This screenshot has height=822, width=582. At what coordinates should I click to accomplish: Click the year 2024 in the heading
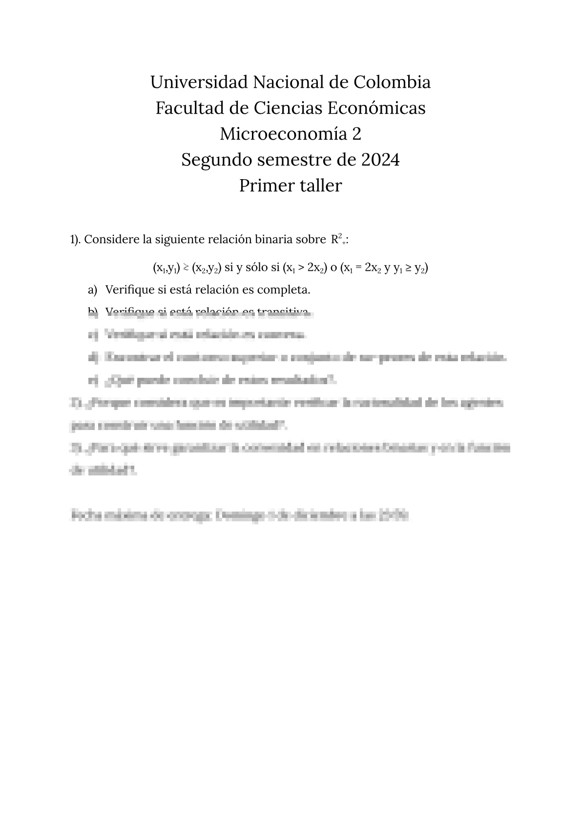pos(380,160)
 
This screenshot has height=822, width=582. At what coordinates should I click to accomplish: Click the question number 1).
pos(75,240)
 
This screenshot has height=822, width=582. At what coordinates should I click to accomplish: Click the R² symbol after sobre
pos(336,239)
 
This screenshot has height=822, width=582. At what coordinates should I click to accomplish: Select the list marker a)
pos(92,290)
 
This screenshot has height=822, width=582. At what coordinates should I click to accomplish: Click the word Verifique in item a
pos(129,290)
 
